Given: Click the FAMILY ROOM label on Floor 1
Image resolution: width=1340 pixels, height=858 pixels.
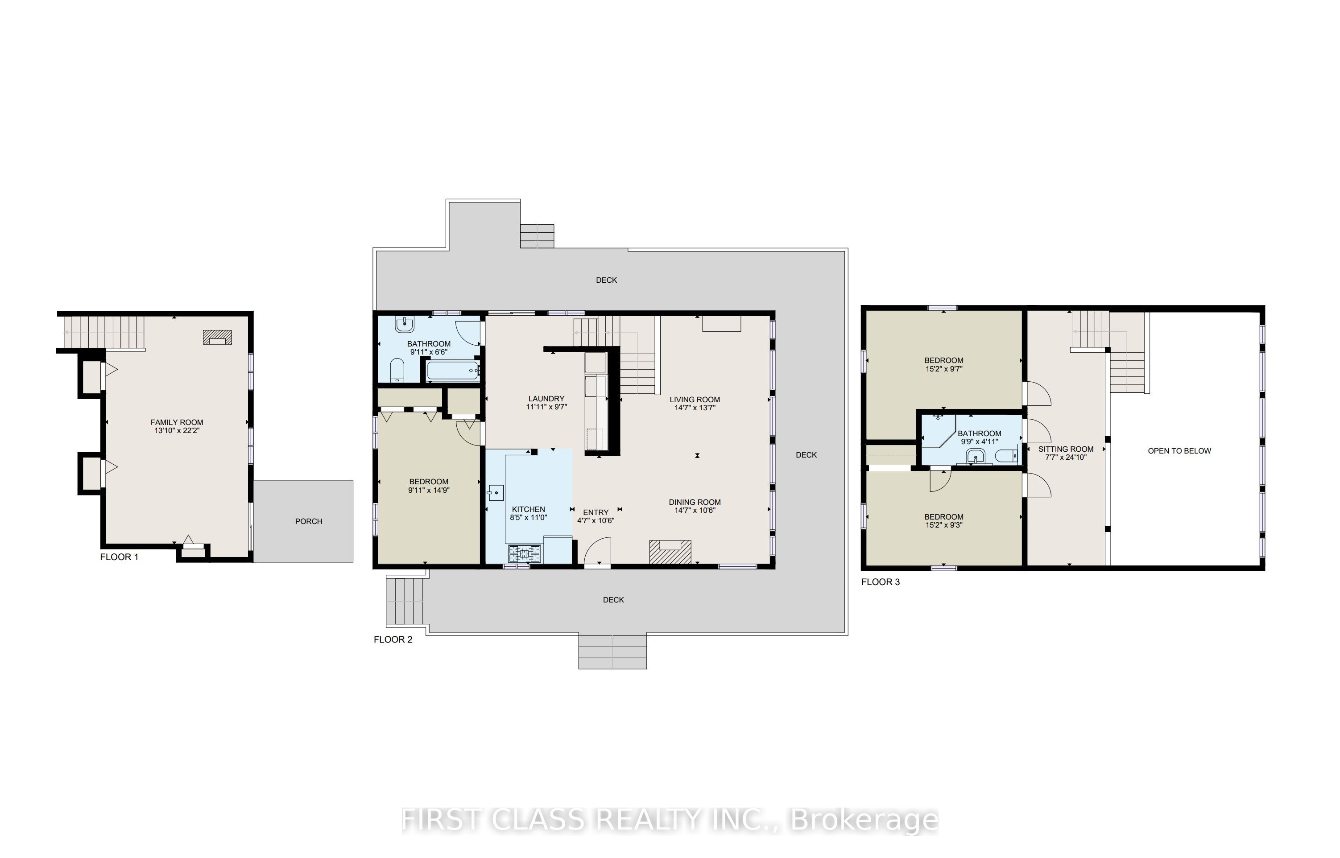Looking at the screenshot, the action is (x=177, y=423).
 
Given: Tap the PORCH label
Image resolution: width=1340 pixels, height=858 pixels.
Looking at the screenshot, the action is (x=309, y=521).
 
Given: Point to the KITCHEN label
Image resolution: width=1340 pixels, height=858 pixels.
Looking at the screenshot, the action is (x=528, y=509).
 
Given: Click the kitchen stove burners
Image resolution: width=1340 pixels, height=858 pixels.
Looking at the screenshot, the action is (x=524, y=554).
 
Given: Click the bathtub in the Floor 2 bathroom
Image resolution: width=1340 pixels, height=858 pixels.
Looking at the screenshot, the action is (x=452, y=371).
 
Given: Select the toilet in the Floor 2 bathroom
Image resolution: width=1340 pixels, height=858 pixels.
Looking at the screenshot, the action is (x=397, y=371).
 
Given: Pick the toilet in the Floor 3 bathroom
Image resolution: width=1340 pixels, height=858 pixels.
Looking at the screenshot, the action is (x=1006, y=456).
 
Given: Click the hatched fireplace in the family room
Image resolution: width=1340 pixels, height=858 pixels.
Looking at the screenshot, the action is (x=217, y=337).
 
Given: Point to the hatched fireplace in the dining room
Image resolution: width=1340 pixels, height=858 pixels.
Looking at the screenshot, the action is (x=670, y=552).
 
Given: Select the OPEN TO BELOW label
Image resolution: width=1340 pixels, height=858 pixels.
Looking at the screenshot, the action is (x=1179, y=451).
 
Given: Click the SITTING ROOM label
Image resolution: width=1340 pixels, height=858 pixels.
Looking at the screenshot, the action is (x=1065, y=449).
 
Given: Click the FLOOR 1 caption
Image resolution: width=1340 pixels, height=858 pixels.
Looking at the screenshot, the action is (x=119, y=557).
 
